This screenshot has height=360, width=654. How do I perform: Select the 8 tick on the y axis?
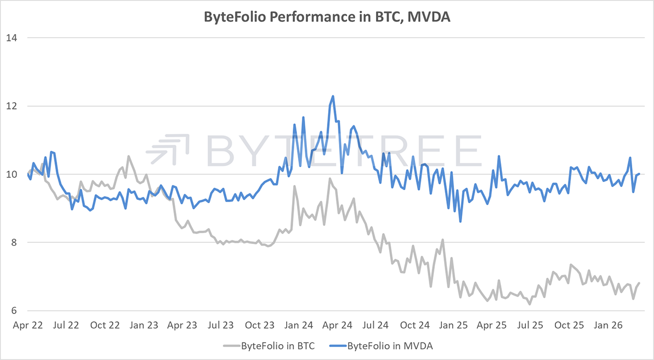pyautogui.click(x=14, y=242)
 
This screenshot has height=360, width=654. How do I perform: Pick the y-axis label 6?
pyautogui.click(x=14, y=310)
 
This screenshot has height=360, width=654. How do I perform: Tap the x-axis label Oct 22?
pyautogui.click(x=106, y=326)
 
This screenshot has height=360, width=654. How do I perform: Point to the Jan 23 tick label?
pyautogui.click(x=145, y=326)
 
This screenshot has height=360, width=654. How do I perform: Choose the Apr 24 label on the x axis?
pyautogui.click(x=338, y=326)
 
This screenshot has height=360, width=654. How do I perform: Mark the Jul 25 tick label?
pyautogui.click(x=532, y=326)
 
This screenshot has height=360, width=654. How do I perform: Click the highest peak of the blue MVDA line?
pyautogui.click(x=332, y=96)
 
